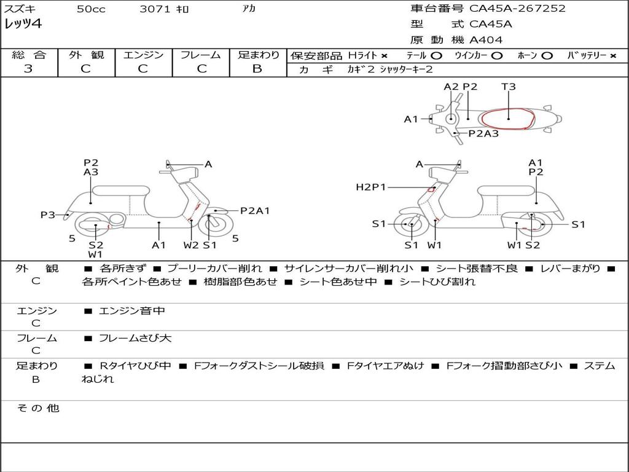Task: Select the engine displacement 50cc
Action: [91, 9]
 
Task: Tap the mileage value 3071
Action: [155, 9]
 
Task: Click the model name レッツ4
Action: [23, 25]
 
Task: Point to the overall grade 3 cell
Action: [28, 69]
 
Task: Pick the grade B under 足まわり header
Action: [257, 69]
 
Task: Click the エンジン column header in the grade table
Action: [143, 55]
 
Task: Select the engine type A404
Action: [486, 40]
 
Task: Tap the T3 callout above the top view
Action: [509, 87]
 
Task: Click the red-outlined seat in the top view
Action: [507, 119]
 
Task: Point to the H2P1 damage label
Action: [371, 187]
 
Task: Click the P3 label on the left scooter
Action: [48, 215]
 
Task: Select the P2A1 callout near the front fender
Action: [255, 211]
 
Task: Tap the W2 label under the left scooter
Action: [191, 245]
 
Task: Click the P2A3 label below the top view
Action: [483, 133]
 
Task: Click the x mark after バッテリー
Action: [612, 55]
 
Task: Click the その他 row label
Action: [37, 408]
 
